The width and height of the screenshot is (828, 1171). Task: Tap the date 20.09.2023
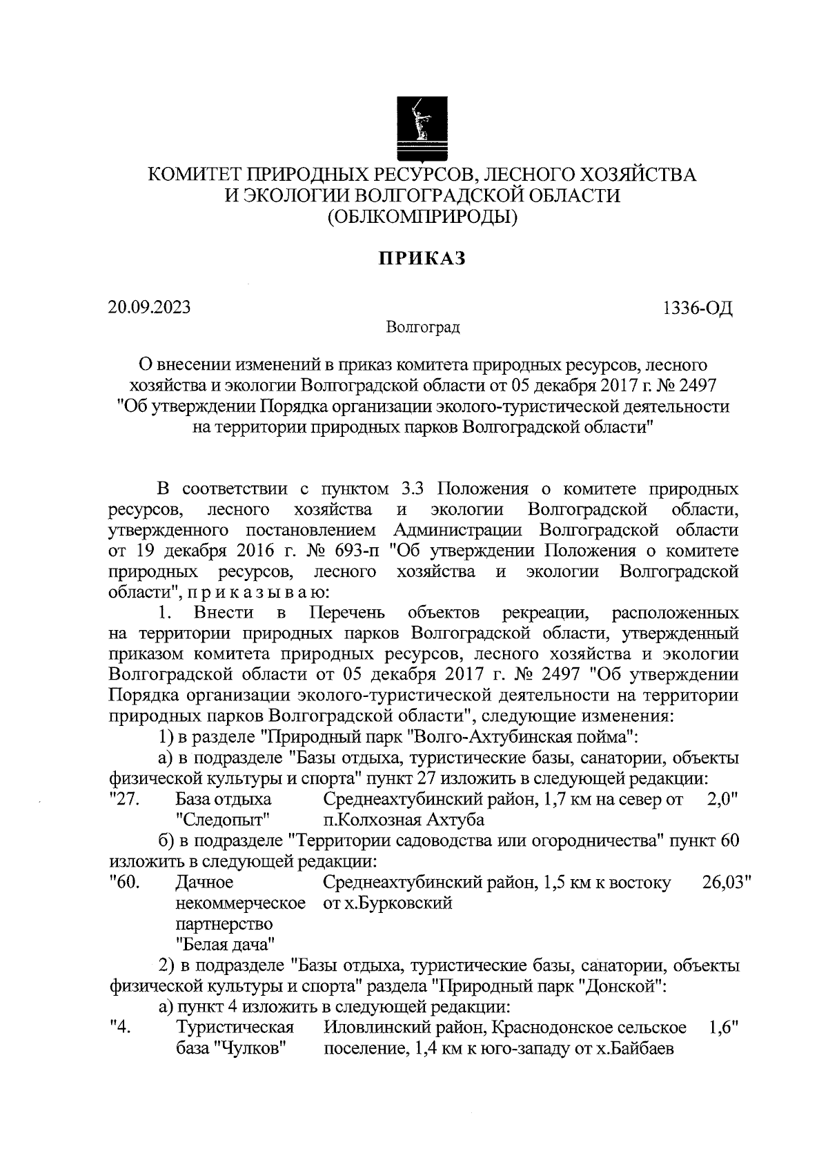[x=149, y=306]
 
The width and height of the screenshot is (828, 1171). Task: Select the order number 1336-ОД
[x=697, y=308]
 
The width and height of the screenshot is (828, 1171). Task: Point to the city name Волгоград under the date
[x=423, y=326]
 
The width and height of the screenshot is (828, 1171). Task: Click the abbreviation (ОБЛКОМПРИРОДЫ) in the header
[x=422, y=217]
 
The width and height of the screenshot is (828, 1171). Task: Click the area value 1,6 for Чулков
[x=722, y=1027]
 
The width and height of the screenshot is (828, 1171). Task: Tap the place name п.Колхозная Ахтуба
[x=404, y=820]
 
